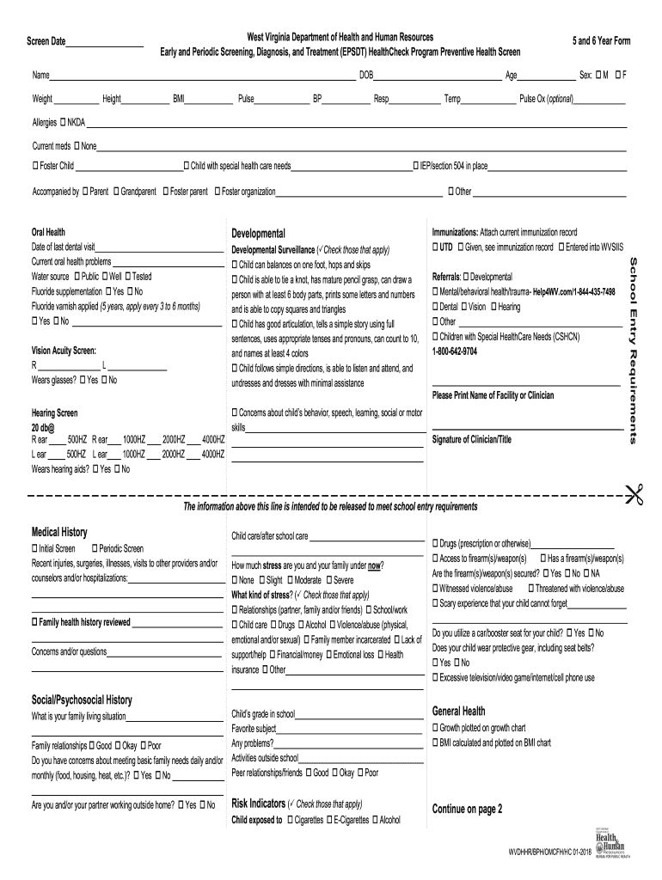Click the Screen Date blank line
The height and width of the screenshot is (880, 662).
[104, 44]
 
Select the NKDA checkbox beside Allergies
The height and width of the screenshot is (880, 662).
[63, 122]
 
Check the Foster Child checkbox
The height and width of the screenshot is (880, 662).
[35, 166]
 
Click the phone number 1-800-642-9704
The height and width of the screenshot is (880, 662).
[454, 351]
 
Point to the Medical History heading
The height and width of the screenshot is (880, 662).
[59, 532]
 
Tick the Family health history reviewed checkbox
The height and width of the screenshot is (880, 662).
[35, 621]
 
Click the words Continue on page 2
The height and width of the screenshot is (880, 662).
[467, 809]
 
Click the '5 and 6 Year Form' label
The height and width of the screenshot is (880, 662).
[601, 41]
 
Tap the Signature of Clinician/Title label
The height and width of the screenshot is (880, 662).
[471, 439]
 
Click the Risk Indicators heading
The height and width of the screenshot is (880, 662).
[259, 804]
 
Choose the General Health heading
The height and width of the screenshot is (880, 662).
[458, 711]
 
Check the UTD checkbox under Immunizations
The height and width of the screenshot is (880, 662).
[435, 247]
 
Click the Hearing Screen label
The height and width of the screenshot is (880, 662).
[54, 412]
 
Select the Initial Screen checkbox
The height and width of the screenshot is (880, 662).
[35, 548]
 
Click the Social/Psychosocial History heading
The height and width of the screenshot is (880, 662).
[82, 700]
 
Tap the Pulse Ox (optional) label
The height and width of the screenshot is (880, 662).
[547, 99]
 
